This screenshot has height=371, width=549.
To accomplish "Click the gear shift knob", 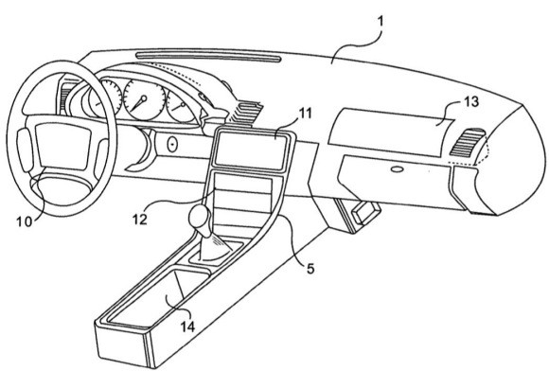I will point(201,220).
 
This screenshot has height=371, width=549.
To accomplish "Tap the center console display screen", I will point(250,146).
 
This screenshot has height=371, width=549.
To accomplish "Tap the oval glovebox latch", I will point(393,170).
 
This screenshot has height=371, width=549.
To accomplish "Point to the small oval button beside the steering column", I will point(172,143).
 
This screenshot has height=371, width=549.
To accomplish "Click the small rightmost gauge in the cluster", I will point(179,106).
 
